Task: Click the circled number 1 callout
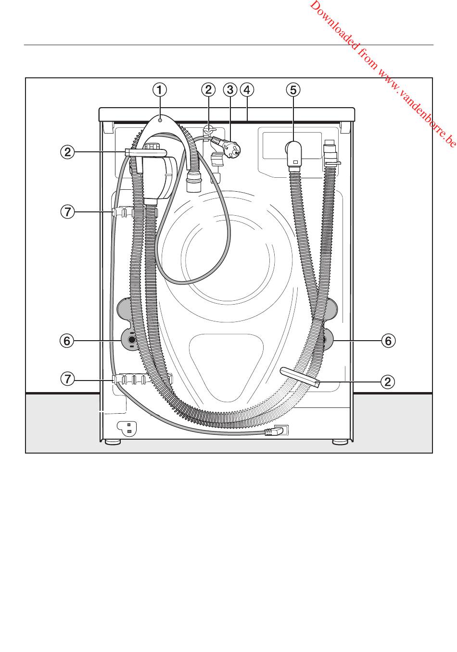(160, 90)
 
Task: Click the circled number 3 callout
(230, 90)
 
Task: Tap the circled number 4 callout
(247, 90)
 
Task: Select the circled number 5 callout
(293, 90)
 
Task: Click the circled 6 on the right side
(389, 341)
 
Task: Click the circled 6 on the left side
(67, 341)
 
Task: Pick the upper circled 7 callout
(68, 211)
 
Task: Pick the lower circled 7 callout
(68, 379)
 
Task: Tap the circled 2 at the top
(208, 90)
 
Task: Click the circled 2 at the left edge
(68, 152)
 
